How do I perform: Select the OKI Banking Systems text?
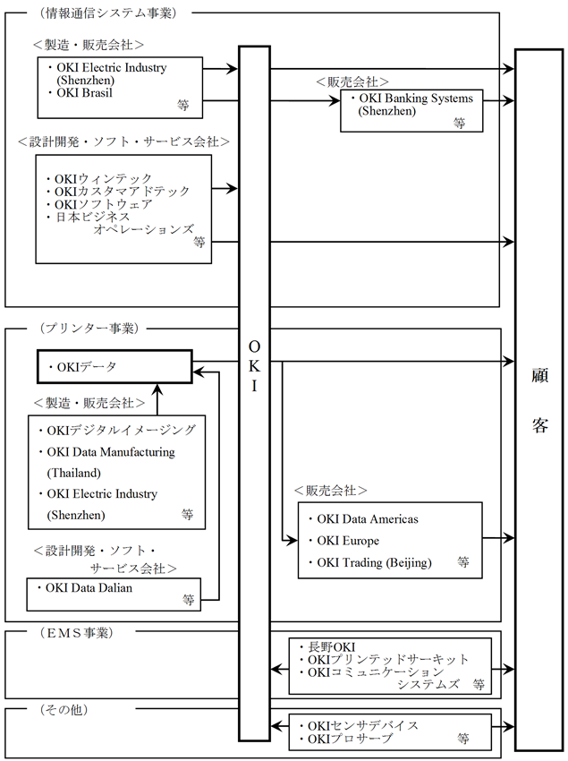click(415, 98)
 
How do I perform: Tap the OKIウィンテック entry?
click(103, 179)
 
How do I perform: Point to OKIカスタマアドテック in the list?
click(122, 192)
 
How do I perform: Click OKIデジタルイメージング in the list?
click(120, 430)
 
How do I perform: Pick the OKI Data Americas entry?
click(368, 519)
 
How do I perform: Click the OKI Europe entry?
click(348, 541)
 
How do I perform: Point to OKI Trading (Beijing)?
click(374, 562)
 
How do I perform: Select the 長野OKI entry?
click(331, 646)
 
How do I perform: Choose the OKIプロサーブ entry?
click(350, 738)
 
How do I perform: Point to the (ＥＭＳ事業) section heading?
click(76, 632)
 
